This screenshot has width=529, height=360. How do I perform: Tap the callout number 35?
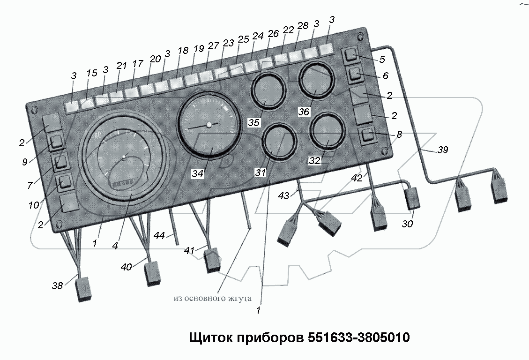coord(254,123)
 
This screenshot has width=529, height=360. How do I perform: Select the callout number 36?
coord(304,112)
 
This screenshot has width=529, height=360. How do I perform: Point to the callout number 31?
coord(260,173)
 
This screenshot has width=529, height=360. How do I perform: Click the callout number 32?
coord(314,161)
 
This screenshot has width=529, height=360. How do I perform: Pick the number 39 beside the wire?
coord(442,150)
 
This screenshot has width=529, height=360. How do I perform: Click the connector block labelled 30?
coord(412,198)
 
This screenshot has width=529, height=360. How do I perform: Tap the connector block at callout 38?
coord(83,289)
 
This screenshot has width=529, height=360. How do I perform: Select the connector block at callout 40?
coord(153,273)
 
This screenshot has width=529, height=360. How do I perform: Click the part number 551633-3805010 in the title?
coord(358,337)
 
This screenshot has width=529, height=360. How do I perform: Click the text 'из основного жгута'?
coord(212,298)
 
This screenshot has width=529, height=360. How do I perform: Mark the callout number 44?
coord(159,236)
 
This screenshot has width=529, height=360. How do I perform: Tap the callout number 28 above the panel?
coord(303,26)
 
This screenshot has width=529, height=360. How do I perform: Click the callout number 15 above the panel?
coord(91,74)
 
